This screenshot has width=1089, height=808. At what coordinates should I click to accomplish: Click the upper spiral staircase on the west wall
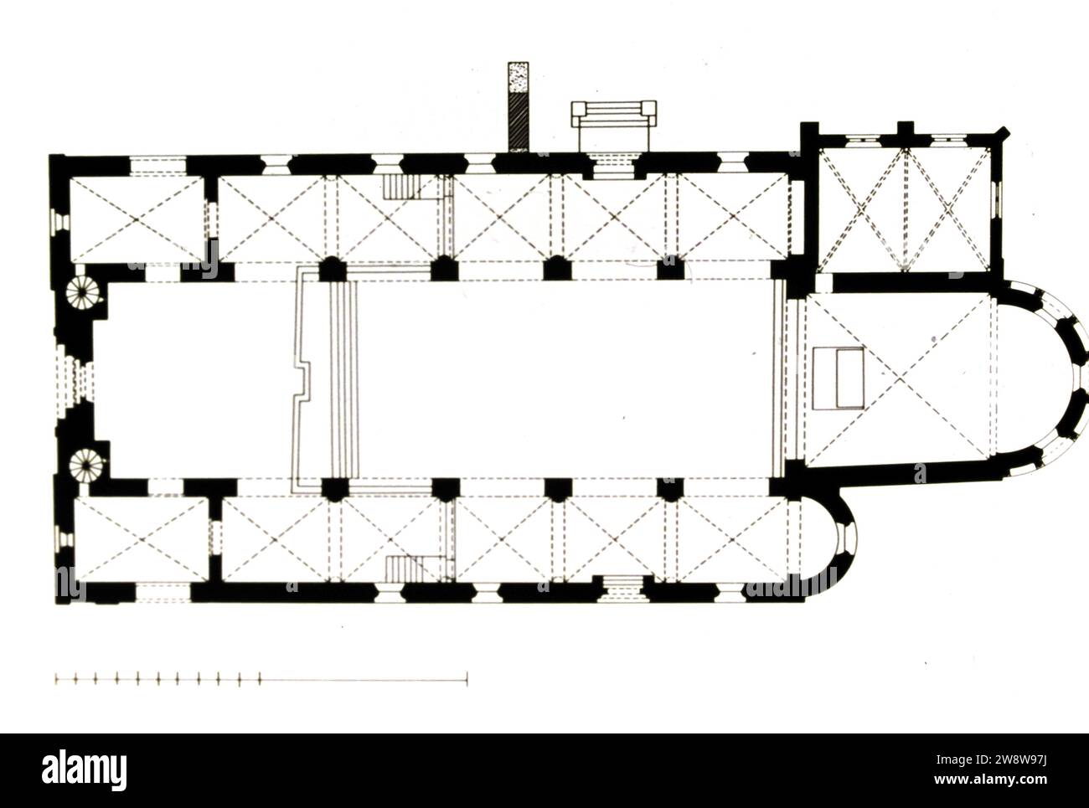[x=83, y=292]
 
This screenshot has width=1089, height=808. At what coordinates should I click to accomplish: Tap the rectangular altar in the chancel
[x=838, y=378]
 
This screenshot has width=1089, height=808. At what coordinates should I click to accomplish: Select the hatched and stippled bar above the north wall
[x=518, y=106]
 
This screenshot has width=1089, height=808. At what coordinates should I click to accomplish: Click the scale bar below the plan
[x=261, y=679]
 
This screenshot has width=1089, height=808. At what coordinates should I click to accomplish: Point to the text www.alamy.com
[x=990, y=779]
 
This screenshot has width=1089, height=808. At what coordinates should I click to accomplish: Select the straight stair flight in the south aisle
[x=405, y=569]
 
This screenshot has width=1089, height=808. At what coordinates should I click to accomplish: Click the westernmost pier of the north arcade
[x=333, y=269]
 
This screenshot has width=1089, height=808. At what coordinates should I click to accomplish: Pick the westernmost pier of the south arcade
[x=335, y=489]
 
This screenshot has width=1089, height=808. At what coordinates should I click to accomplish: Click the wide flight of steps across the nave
[x=343, y=378]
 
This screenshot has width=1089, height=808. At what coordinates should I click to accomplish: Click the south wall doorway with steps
[x=622, y=589]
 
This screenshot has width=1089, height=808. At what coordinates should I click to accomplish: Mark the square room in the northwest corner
[x=137, y=219]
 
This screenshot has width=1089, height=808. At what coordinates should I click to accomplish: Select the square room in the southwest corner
[x=142, y=539]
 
